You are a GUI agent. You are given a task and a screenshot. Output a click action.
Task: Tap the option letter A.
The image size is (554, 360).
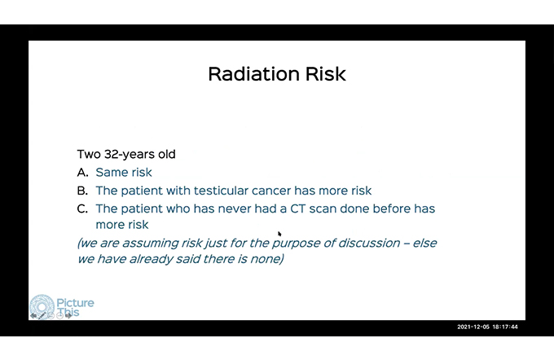pos(82,172)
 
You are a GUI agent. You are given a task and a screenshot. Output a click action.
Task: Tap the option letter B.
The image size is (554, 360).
pos(82,191)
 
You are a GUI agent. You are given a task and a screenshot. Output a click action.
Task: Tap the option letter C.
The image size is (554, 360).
pos(82,209)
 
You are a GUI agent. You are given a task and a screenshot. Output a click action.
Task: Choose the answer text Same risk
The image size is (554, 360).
pos(124,172)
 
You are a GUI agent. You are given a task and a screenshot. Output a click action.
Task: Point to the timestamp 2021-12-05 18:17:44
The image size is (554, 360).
pos(487,327)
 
